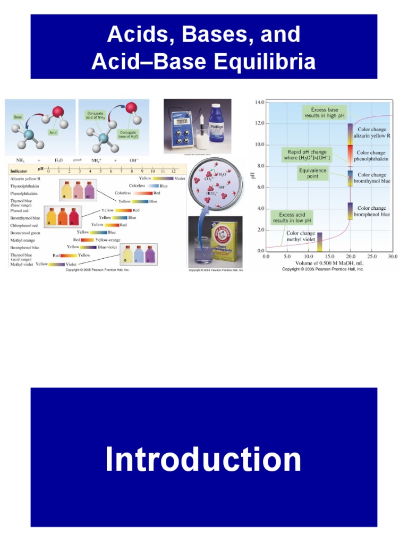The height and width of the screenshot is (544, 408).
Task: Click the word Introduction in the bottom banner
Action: pyautogui.click(x=203, y=460)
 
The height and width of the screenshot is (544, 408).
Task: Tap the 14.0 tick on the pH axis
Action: pyautogui.click(x=260, y=102)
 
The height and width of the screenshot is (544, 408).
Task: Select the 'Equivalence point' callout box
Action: pyautogui.click(x=313, y=173)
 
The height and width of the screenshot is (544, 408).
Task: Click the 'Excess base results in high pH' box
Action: pyautogui.click(x=325, y=113)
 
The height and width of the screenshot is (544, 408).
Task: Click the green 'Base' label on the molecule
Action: pyautogui.click(x=18, y=116)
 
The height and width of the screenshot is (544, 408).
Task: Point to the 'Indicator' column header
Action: pyautogui.click(x=19, y=171)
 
